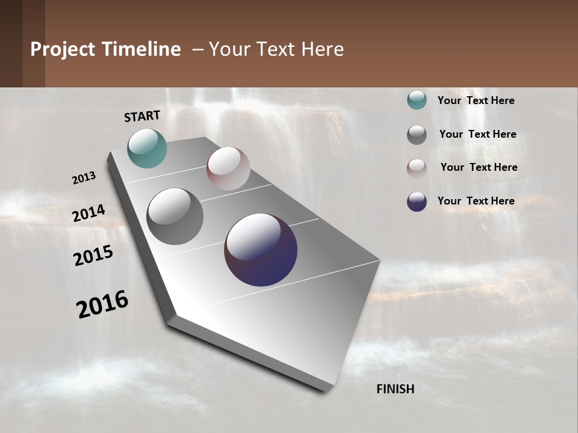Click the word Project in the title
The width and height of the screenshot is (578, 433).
63,50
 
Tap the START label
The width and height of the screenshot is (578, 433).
142,116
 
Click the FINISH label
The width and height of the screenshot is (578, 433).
396,389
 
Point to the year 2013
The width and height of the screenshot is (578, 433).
84,178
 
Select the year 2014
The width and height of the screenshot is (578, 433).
89,213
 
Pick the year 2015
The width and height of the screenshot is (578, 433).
93,256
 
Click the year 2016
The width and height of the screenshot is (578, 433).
102,304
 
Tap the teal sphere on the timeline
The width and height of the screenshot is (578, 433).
147,148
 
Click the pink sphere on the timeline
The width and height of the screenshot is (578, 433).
228,168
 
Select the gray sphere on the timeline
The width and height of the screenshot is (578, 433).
175,216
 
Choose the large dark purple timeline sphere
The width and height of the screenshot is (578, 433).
261,250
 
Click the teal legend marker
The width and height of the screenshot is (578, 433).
417,100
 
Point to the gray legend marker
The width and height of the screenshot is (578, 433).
417,135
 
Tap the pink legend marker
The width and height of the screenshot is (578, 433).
417,168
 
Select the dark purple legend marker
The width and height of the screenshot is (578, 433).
417,201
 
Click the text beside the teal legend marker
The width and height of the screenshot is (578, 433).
476,101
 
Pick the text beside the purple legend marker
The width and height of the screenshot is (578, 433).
476,201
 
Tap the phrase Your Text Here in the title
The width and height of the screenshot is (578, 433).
276,49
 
